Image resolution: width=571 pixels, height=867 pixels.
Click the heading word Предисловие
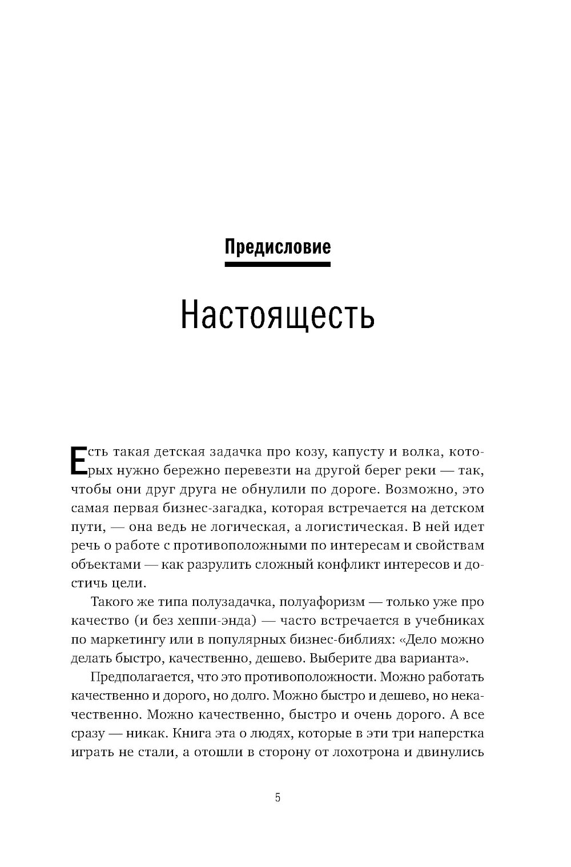(x=278, y=247)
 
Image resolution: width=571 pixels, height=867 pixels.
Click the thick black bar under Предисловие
(x=278, y=264)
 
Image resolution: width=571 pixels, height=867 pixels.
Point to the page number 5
(x=278, y=798)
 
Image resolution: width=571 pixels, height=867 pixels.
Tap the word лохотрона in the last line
(x=368, y=752)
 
